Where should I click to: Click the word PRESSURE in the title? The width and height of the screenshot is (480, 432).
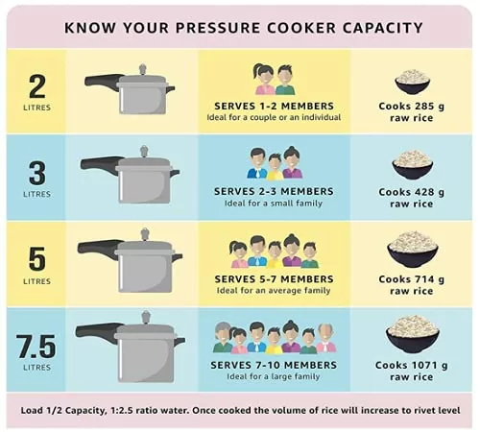point(219,28)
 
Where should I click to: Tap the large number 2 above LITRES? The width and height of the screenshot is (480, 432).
point(37,86)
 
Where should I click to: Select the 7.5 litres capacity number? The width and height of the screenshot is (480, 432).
point(36,346)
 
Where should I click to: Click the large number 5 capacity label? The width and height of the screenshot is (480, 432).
point(37,259)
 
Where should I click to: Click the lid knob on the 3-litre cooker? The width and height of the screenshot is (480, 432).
point(144,151)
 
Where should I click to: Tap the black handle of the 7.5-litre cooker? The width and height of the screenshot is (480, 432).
point(98,331)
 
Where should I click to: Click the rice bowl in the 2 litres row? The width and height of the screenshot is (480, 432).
point(412,82)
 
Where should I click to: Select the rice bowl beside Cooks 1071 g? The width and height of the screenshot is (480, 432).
point(413,334)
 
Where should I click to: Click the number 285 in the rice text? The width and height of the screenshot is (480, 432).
point(423,107)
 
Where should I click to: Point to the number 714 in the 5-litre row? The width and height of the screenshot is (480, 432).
point(423,279)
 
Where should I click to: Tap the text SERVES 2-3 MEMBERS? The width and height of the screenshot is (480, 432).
point(274,191)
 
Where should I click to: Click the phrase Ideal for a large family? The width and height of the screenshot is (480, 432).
point(274,376)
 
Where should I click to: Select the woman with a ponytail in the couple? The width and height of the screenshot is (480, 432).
point(264,80)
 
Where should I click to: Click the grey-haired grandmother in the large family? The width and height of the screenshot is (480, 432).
point(223,337)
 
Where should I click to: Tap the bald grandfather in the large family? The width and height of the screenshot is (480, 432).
point(326,338)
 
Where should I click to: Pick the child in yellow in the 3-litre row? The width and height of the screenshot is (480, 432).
point(275,166)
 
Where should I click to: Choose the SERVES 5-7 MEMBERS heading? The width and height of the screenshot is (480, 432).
point(274,279)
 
